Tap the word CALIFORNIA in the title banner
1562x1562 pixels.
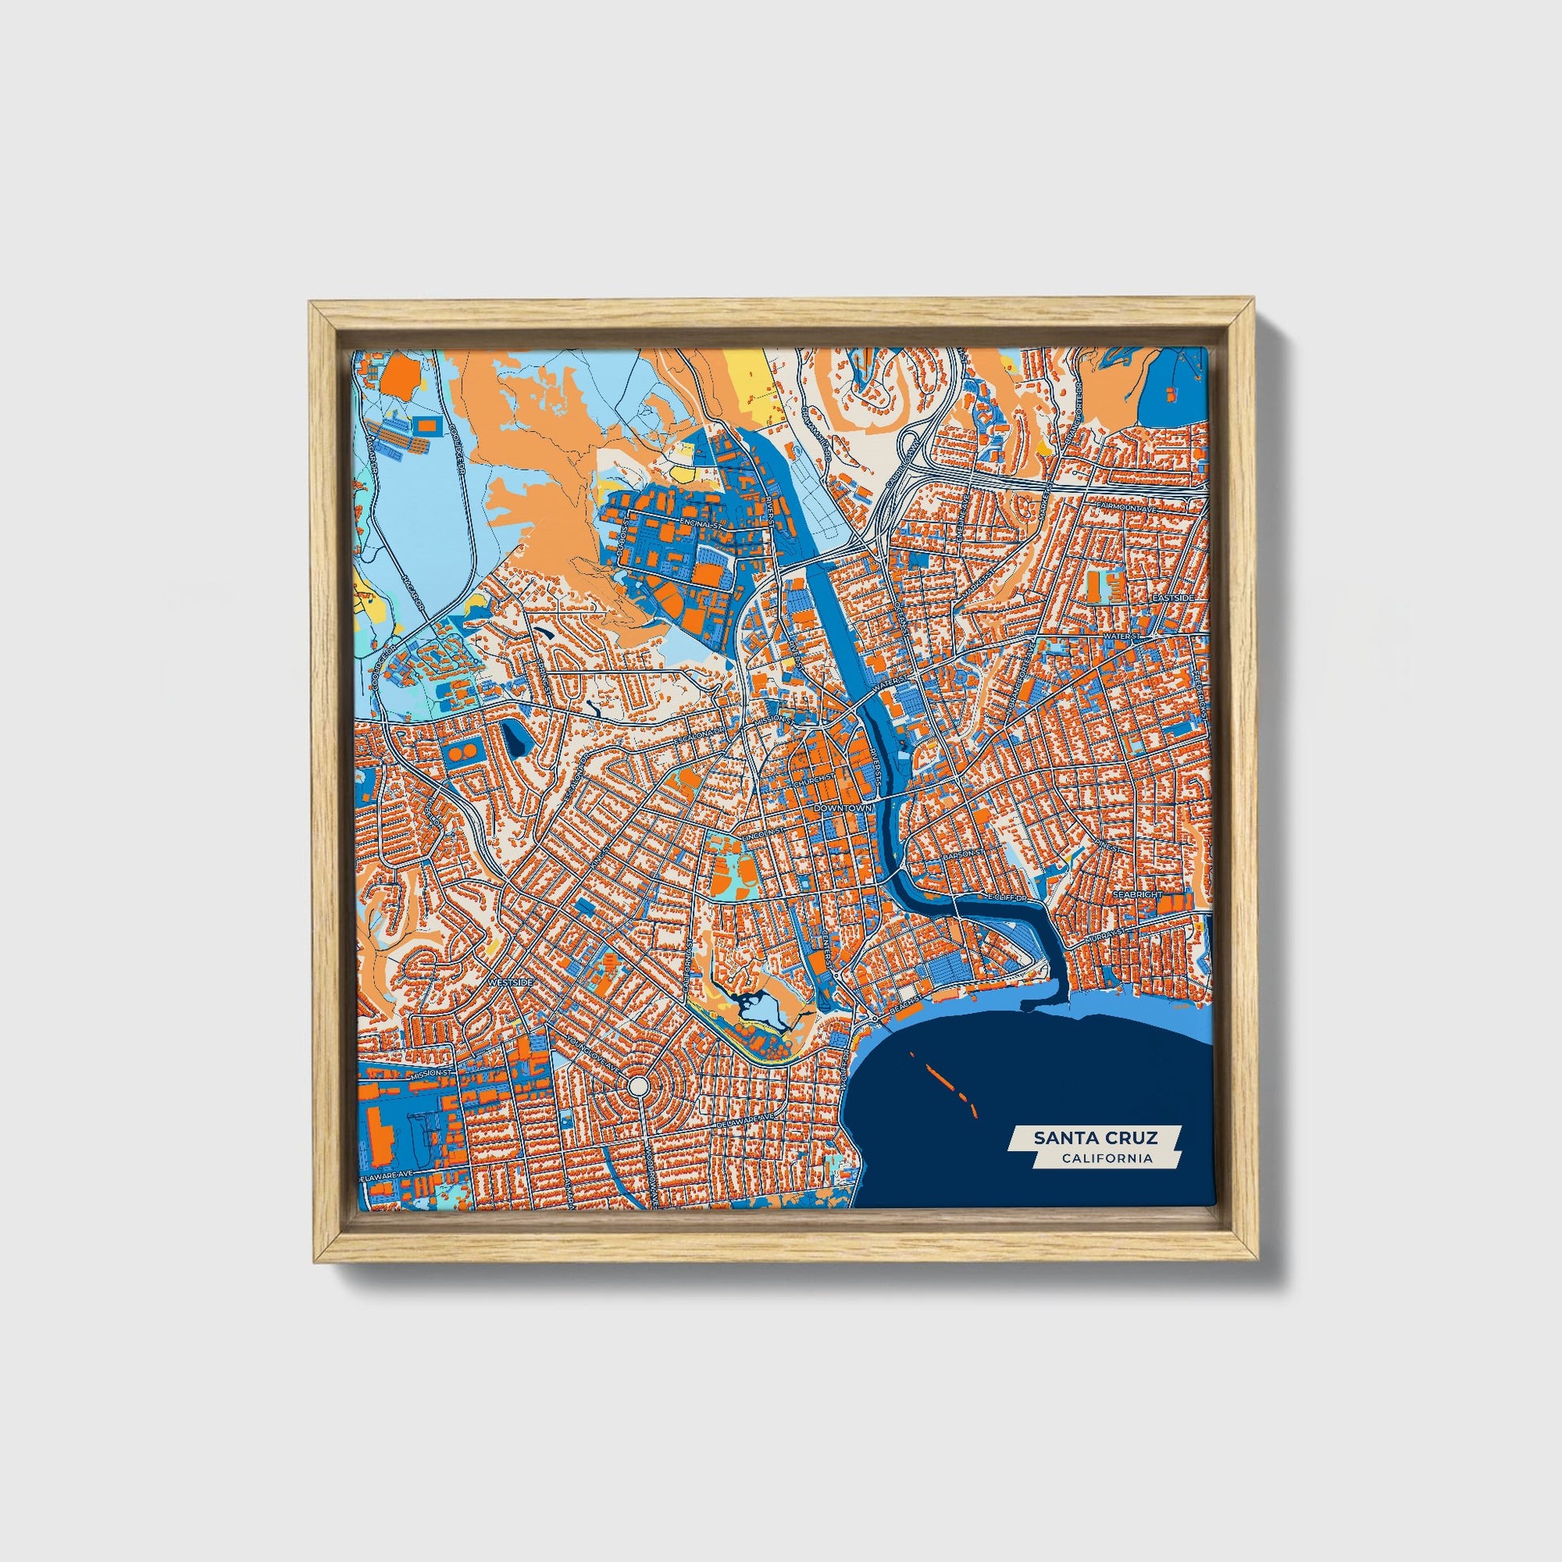point(1107,1158)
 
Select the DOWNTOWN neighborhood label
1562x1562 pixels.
point(844,808)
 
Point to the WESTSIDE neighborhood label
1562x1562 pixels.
point(510,982)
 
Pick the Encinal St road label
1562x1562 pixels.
point(700,524)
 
